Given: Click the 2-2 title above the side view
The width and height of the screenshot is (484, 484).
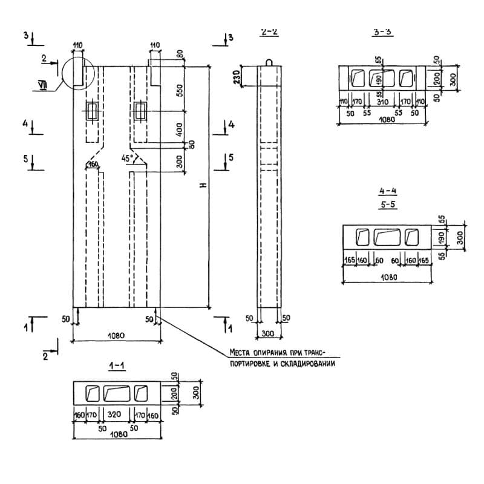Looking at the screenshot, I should [x=269, y=33].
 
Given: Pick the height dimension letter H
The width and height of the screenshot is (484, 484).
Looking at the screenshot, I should [x=204, y=184].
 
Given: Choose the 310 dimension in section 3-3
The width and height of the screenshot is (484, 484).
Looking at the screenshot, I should [x=382, y=102].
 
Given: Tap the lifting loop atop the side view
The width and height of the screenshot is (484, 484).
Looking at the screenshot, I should [x=270, y=62].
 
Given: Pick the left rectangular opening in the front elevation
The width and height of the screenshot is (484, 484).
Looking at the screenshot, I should [x=93, y=111].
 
